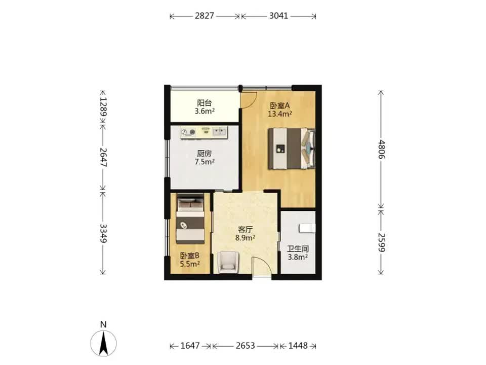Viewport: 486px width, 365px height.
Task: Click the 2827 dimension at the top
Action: click(204, 16)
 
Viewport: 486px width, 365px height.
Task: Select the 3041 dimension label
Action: click(278, 16)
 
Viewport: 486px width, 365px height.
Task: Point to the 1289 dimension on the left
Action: click(103, 107)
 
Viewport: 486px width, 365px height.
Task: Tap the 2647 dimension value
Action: click(103, 158)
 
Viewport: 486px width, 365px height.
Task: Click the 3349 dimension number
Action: click(103, 233)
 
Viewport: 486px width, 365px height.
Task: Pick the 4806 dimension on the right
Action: click(382, 149)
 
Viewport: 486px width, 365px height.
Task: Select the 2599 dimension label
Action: click(382, 243)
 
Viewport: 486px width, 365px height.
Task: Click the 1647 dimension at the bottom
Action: click(190, 346)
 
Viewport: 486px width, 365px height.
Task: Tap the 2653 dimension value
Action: click(245, 346)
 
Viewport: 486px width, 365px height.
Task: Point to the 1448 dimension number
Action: click(298, 346)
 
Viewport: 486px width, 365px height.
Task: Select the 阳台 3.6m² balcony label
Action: click(205, 107)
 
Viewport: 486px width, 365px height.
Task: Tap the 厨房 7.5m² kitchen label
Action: click(205, 158)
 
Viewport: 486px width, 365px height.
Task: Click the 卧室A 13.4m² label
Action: click(280, 109)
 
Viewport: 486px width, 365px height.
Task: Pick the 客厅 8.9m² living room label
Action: click(245, 233)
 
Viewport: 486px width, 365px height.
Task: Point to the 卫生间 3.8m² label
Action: click(298, 253)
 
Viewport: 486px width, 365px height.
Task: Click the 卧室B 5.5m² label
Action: click(190, 260)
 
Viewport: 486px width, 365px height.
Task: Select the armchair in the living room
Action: click(228, 262)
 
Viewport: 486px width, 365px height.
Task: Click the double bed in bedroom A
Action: click(292, 149)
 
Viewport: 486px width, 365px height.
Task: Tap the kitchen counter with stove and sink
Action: click(204, 132)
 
